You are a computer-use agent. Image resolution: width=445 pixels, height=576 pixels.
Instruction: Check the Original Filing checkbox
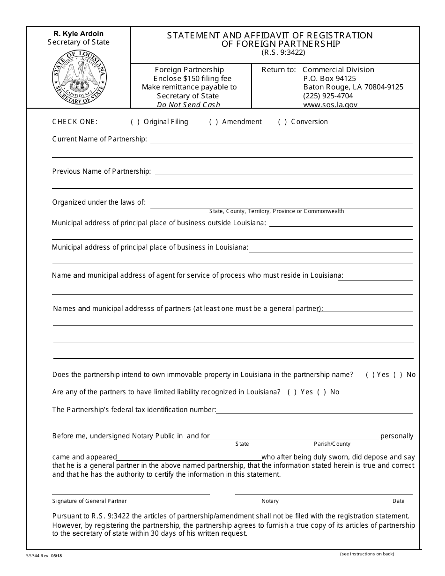pyautogui.click(x=135, y=122)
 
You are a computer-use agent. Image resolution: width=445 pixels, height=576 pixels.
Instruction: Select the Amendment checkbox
pyautogui.click(x=214, y=122)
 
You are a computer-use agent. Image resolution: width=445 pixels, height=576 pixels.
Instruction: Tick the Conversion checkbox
pyautogui.click(x=282, y=122)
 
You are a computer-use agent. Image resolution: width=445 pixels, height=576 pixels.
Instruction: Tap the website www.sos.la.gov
pyautogui.click(x=330, y=105)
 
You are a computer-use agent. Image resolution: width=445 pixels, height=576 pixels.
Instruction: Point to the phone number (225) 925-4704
pyautogui.click(x=328, y=96)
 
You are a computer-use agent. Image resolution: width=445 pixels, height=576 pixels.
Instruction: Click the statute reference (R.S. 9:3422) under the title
pyautogui.click(x=283, y=52)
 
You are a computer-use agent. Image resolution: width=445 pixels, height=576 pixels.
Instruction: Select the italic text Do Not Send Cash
pyautogui.click(x=188, y=105)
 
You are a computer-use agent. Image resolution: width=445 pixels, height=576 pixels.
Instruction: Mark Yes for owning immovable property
pyautogui.click(x=370, y=375)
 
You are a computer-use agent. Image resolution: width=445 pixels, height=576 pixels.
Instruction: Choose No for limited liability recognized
pyautogui.click(x=322, y=392)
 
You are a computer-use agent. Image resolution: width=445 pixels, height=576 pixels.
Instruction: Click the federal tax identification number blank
pyautogui.click(x=314, y=410)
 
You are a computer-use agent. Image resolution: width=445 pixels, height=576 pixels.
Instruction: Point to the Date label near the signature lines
pyautogui.click(x=398, y=501)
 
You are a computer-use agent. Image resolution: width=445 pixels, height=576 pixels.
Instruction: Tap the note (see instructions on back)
pyautogui.click(x=367, y=554)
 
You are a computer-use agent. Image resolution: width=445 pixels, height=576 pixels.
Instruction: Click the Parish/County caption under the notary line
pyautogui.click(x=332, y=444)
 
